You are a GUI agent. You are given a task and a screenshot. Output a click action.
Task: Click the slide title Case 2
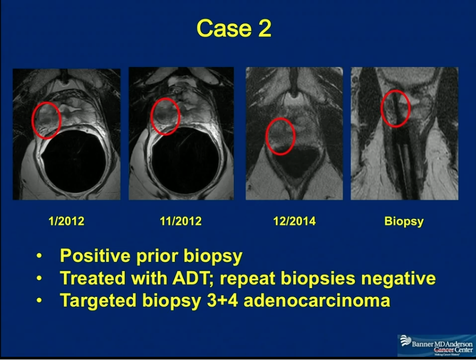tap(234, 28)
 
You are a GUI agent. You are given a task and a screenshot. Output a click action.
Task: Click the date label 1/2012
tap(66, 221)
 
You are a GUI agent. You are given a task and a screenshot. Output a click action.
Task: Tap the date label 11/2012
tap(181, 221)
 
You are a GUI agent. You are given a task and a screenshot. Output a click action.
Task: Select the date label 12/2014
tap(294, 221)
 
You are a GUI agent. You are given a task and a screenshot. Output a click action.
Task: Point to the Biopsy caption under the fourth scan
tap(404, 221)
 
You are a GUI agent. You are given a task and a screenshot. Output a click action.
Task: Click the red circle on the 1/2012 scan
tap(32, 120)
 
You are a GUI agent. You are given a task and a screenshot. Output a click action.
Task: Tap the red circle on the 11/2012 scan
tap(151, 116)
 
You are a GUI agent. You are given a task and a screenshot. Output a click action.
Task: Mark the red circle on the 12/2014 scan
tap(266, 137)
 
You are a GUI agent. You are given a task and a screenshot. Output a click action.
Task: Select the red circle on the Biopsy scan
tap(381, 109)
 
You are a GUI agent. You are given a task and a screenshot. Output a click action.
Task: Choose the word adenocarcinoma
tap(317, 300)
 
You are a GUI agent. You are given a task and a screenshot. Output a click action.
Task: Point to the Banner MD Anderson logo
tap(437, 346)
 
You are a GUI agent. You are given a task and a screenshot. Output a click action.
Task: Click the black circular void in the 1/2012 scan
tap(74, 161)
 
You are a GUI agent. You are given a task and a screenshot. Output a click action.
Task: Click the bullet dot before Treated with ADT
tap(39, 278)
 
